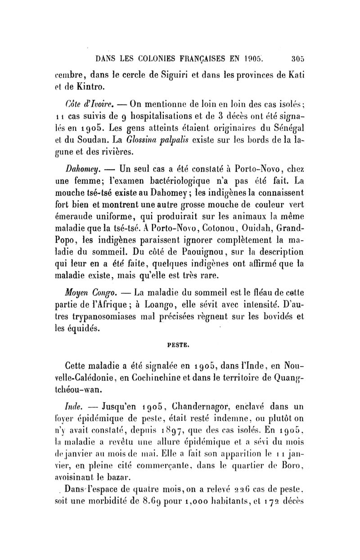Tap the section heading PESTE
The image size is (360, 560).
[x=180, y=346]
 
